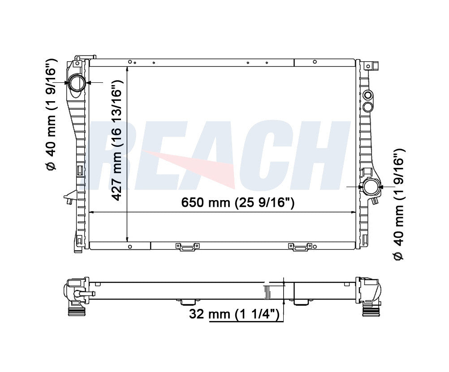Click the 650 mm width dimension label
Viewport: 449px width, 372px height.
coord(237,203)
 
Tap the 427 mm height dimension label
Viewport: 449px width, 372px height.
coord(117,140)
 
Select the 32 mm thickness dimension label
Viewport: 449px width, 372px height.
coord(234,314)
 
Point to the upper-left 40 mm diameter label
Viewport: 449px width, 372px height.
coord(52,115)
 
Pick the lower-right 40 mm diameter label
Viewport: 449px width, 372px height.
coord(399,204)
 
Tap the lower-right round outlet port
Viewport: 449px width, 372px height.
coord(371,187)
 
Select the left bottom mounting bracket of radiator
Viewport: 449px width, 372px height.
coord(188,247)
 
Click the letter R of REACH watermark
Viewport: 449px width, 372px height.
coord(115,155)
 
